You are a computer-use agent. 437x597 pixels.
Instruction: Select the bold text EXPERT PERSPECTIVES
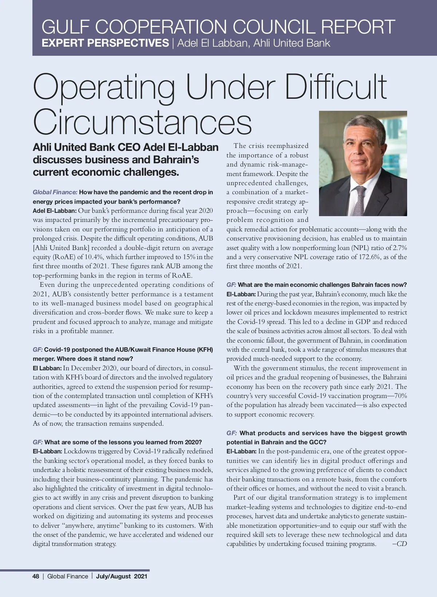(x=105, y=43)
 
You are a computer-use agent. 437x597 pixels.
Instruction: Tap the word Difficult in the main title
(x=335, y=87)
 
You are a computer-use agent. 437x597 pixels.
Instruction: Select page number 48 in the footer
(x=36, y=576)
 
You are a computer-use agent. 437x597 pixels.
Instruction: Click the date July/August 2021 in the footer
(x=122, y=576)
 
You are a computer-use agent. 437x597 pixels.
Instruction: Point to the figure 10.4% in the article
(x=94, y=257)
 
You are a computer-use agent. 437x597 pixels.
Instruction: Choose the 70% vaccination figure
(x=400, y=396)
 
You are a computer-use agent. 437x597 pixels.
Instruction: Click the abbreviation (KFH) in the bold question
(x=205, y=350)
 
